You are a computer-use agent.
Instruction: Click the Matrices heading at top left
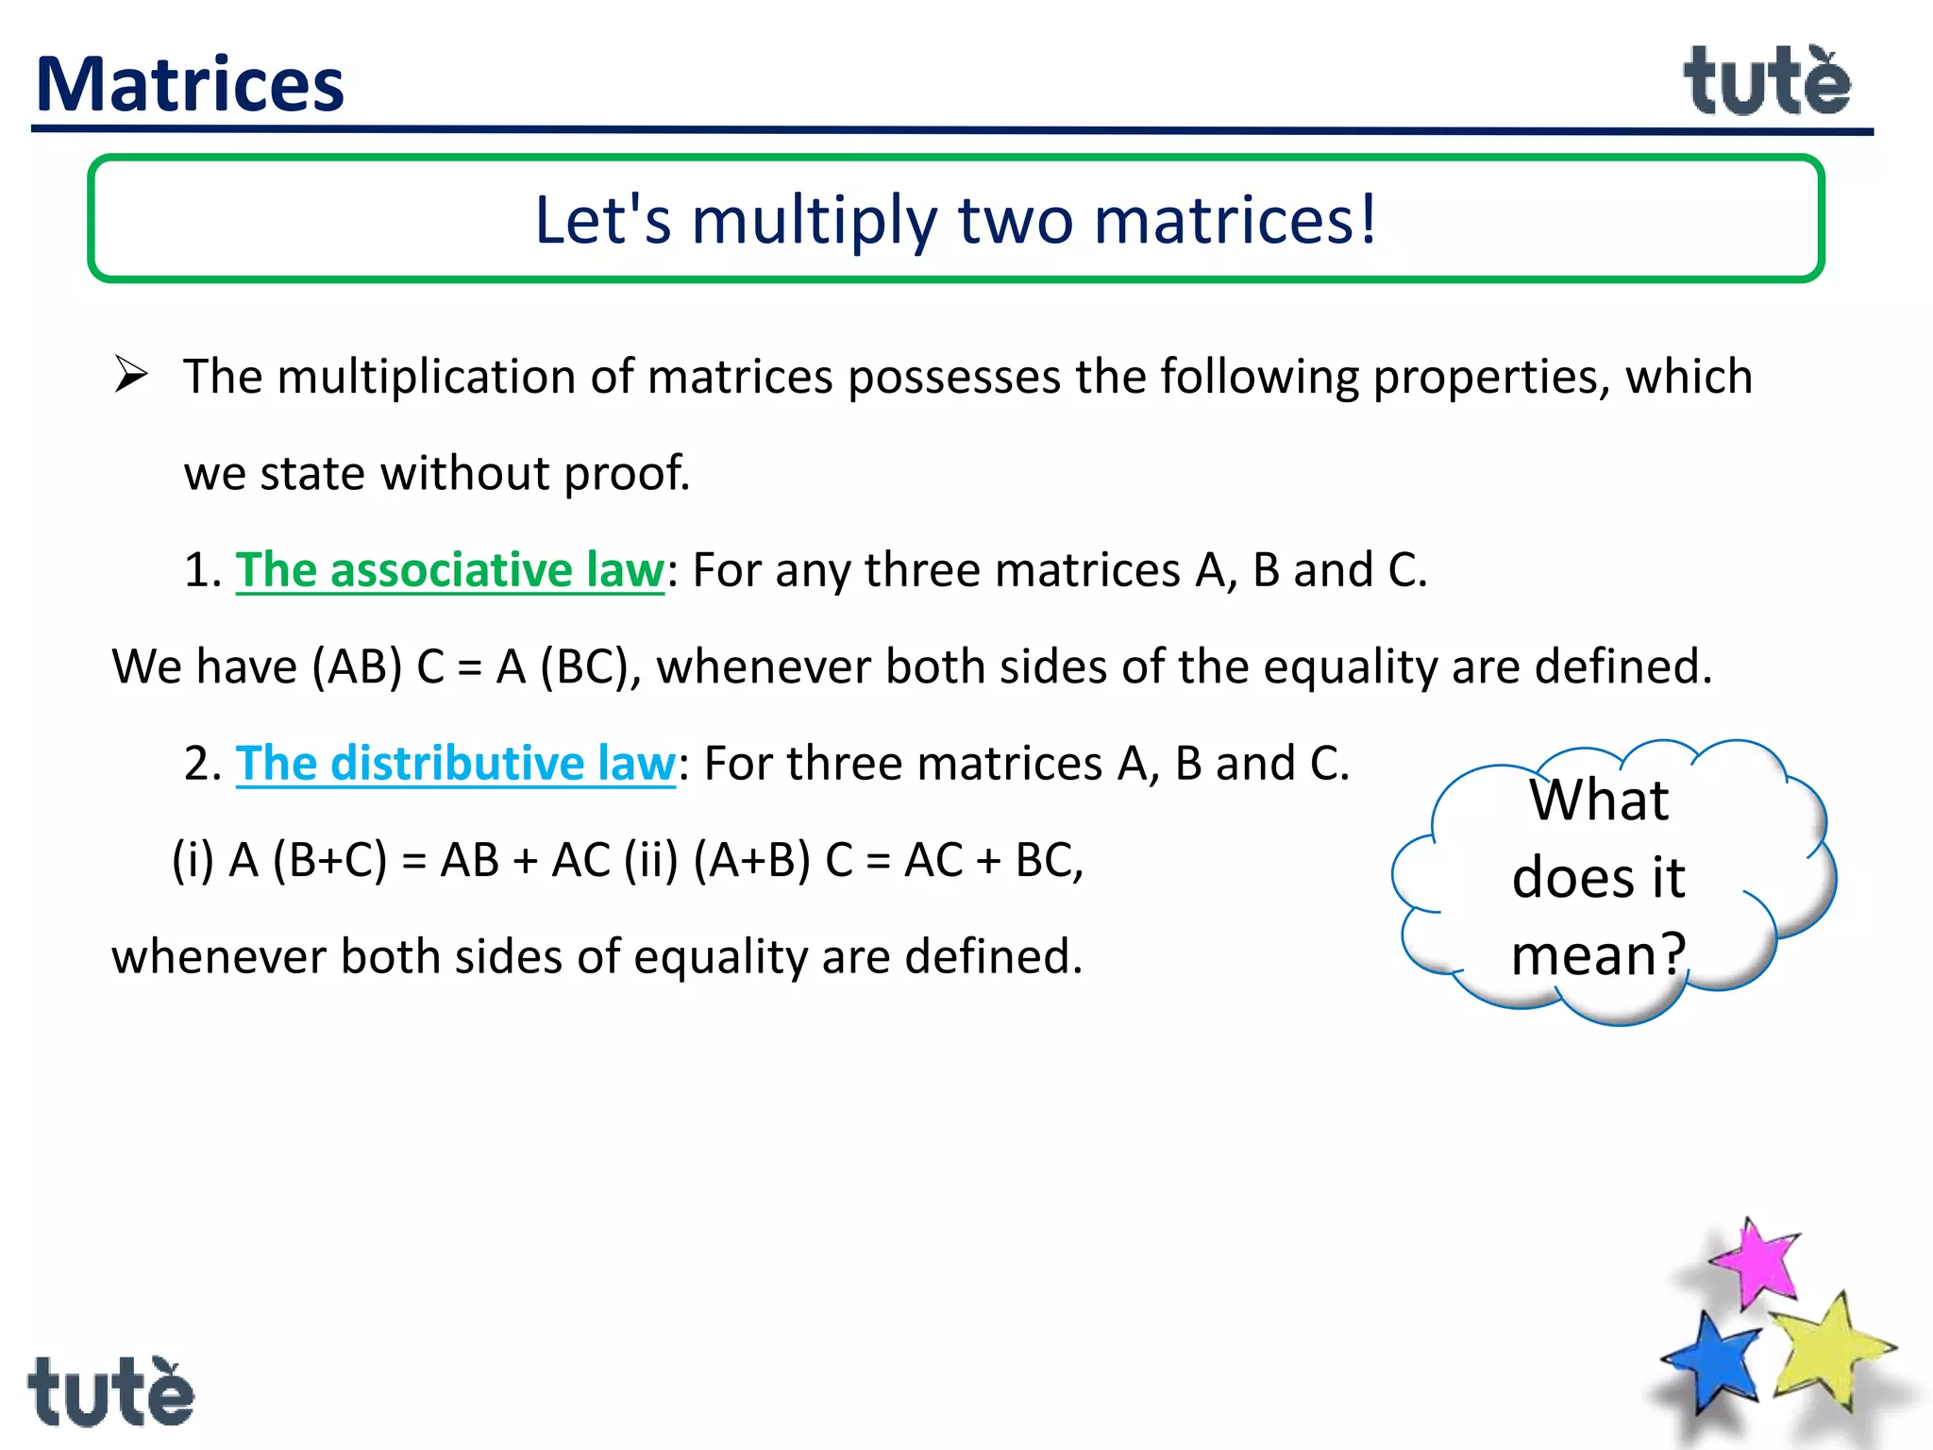(x=190, y=85)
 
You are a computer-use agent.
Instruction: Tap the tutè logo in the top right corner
(x=1767, y=83)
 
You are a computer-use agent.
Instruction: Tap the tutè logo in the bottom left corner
(x=110, y=1392)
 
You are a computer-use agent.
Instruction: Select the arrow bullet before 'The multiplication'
(x=131, y=375)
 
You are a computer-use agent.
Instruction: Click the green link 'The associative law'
(x=449, y=570)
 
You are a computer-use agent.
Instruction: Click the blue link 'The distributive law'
(x=455, y=764)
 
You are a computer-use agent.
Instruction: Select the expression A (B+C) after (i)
(x=308, y=861)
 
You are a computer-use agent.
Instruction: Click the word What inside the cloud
(x=1599, y=801)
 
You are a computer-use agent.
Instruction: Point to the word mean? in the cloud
(x=1597, y=954)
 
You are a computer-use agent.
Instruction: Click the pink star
(x=1757, y=1263)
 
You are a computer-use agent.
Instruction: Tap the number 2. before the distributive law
(x=202, y=764)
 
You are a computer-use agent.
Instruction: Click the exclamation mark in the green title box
(x=1367, y=221)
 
